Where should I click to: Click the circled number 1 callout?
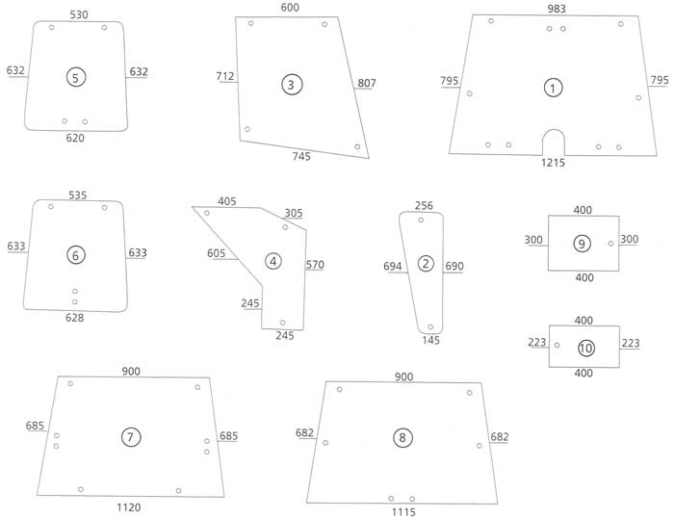tap(553, 88)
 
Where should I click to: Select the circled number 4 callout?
tap(273, 261)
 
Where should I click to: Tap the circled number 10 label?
tap(586, 347)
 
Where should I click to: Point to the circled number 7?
tap(131, 436)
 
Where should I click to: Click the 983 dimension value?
tap(557, 9)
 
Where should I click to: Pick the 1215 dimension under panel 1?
tap(553, 163)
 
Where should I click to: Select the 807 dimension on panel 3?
tap(367, 83)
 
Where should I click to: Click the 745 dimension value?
tap(301, 156)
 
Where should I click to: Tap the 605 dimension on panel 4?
tap(217, 253)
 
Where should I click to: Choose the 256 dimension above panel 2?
tap(424, 205)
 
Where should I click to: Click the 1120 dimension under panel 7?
tap(127, 506)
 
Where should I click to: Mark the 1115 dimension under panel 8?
tap(402, 512)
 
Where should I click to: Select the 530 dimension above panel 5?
tap(80, 13)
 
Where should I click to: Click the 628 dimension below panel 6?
tap(75, 318)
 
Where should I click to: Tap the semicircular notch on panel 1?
tap(554, 142)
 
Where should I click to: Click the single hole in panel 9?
tap(611, 244)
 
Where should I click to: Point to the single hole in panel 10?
tap(557, 345)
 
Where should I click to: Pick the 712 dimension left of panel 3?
tap(226, 76)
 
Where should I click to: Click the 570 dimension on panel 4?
tap(315, 264)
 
